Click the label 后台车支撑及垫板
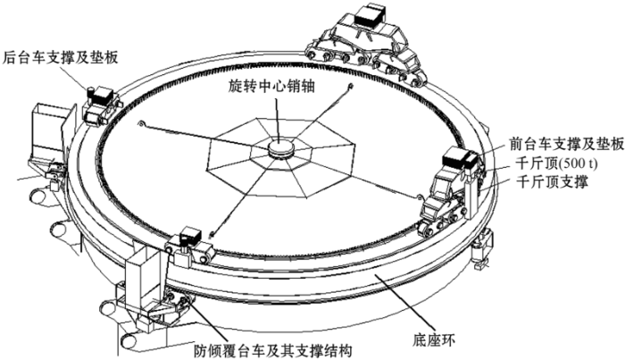pos(61,58)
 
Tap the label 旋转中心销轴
pos(271,86)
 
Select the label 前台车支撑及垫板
pos(566,144)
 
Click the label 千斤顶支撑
pos(552,182)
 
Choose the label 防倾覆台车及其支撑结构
pos(273,351)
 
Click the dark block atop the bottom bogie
pos(189,235)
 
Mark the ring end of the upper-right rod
pos(350,86)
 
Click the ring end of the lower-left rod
pos(212,234)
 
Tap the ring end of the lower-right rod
pos(419,197)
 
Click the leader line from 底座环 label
pos(404,305)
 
